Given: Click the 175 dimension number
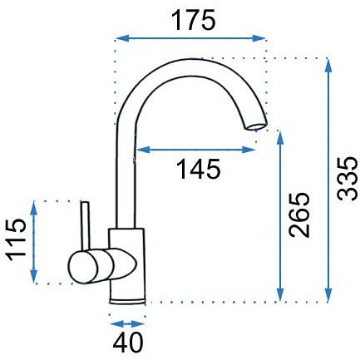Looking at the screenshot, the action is pyautogui.click(x=193, y=20).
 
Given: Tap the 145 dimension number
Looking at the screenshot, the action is pyautogui.click(x=199, y=169).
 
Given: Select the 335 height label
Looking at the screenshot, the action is pyautogui.click(x=347, y=179).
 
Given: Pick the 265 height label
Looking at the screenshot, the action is pyautogui.click(x=298, y=215).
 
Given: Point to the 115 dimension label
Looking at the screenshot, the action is pyautogui.click(x=17, y=239).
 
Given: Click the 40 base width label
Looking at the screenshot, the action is pyautogui.click(x=128, y=343).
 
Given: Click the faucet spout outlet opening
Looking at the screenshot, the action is pyautogui.click(x=255, y=127).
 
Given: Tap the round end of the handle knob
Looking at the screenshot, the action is pyautogui.click(x=83, y=267).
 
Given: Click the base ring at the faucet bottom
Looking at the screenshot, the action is pyautogui.click(x=127, y=302).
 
